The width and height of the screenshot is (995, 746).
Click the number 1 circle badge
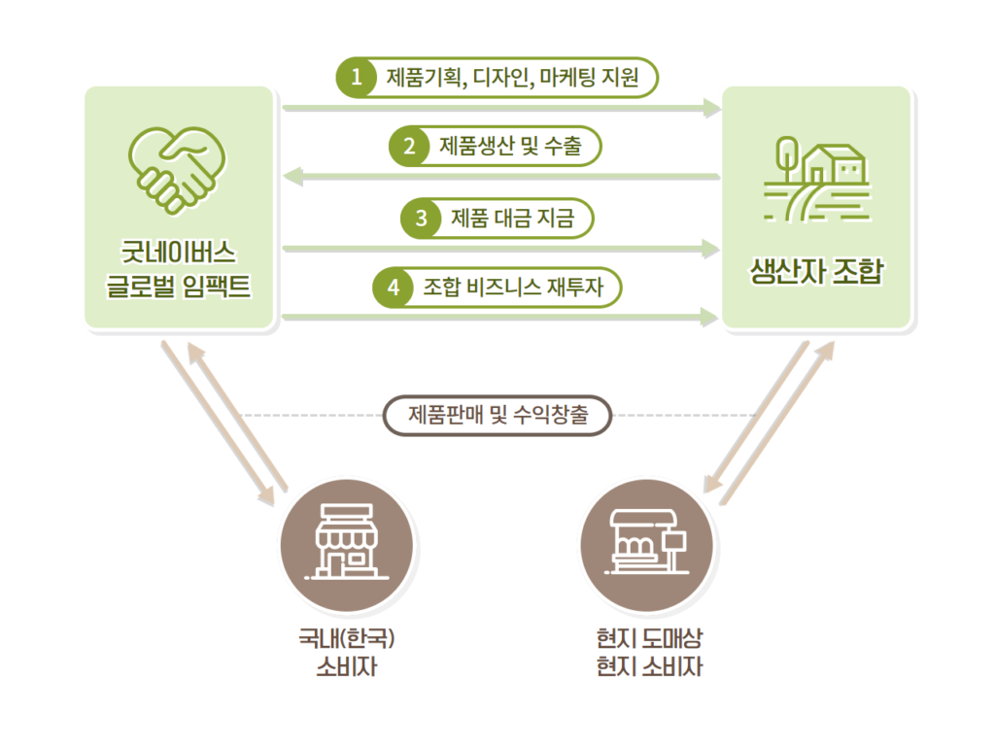pos(357,78)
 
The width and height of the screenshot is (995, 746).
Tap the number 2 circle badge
pos(409,147)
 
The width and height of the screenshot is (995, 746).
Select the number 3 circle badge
pos(421,219)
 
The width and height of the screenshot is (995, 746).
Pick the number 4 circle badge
pos(393,288)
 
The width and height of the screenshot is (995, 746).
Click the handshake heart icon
pos(177,169)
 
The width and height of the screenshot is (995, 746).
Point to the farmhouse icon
pos(817,179)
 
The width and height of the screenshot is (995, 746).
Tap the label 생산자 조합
pos(816,271)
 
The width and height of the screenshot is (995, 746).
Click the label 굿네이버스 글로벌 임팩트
pos(179,269)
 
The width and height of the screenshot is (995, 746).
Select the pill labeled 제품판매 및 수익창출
pos(497,416)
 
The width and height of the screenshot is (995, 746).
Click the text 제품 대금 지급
pos(513,219)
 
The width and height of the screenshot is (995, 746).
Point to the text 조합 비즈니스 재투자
pos(513,288)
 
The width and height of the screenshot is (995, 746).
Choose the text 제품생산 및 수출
pos(511,147)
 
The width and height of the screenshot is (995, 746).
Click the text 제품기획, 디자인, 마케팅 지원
pos(513,78)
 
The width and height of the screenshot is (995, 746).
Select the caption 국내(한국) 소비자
pos(347,652)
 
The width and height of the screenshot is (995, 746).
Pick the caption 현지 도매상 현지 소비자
pos(649,652)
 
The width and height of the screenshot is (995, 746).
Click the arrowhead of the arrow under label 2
pos(292,177)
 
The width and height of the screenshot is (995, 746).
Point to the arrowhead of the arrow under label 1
pos(712,109)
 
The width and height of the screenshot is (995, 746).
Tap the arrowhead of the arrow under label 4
pos(709,317)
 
